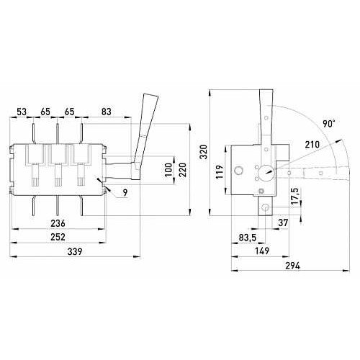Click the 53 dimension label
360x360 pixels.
click(x=22, y=112)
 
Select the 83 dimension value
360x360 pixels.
click(x=106, y=112)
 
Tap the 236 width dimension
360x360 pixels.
click(x=58, y=223)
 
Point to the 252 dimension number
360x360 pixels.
click(x=58, y=237)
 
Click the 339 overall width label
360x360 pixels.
click(x=75, y=251)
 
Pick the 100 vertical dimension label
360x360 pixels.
click(x=169, y=170)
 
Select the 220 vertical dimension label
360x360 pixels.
click(x=183, y=170)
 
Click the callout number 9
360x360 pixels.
click(x=125, y=192)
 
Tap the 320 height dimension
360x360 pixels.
click(x=204, y=151)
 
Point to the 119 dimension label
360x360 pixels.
click(x=220, y=171)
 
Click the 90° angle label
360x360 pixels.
click(x=328, y=124)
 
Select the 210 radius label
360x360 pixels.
click(x=312, y=145)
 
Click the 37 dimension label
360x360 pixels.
click(x=283, y=222)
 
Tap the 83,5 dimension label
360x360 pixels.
click(x=248, y=238)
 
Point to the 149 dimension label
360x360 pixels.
click(x=262, y=251)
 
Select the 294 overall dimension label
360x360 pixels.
click(x=293, y=266)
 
